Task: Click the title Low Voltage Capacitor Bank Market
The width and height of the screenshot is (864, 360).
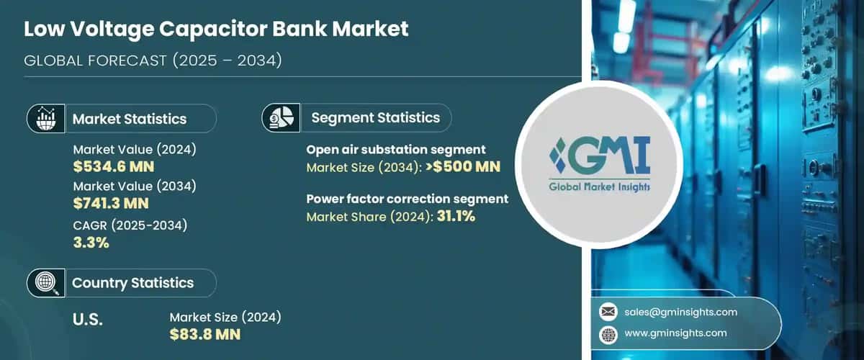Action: (x=216, y=29)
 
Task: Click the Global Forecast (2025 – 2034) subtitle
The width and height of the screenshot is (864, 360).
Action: (x=153, y=60)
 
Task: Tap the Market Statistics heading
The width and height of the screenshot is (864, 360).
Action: (x=129, y=119)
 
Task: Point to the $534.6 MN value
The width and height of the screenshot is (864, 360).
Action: (x=114, y=167)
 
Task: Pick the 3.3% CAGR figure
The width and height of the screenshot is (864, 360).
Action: (x=91, y=243)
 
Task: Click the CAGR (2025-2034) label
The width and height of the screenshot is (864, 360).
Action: (x=130, y=225)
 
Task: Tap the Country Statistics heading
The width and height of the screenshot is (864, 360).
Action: (x=132, y=283)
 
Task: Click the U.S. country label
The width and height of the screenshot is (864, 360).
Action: (x=88, y=320)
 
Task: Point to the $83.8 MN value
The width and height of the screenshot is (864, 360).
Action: (x=205, y=334)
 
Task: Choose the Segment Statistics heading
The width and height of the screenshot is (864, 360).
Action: (x=375, y=117)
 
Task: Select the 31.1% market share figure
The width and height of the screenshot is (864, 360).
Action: (x=454, y=216)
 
